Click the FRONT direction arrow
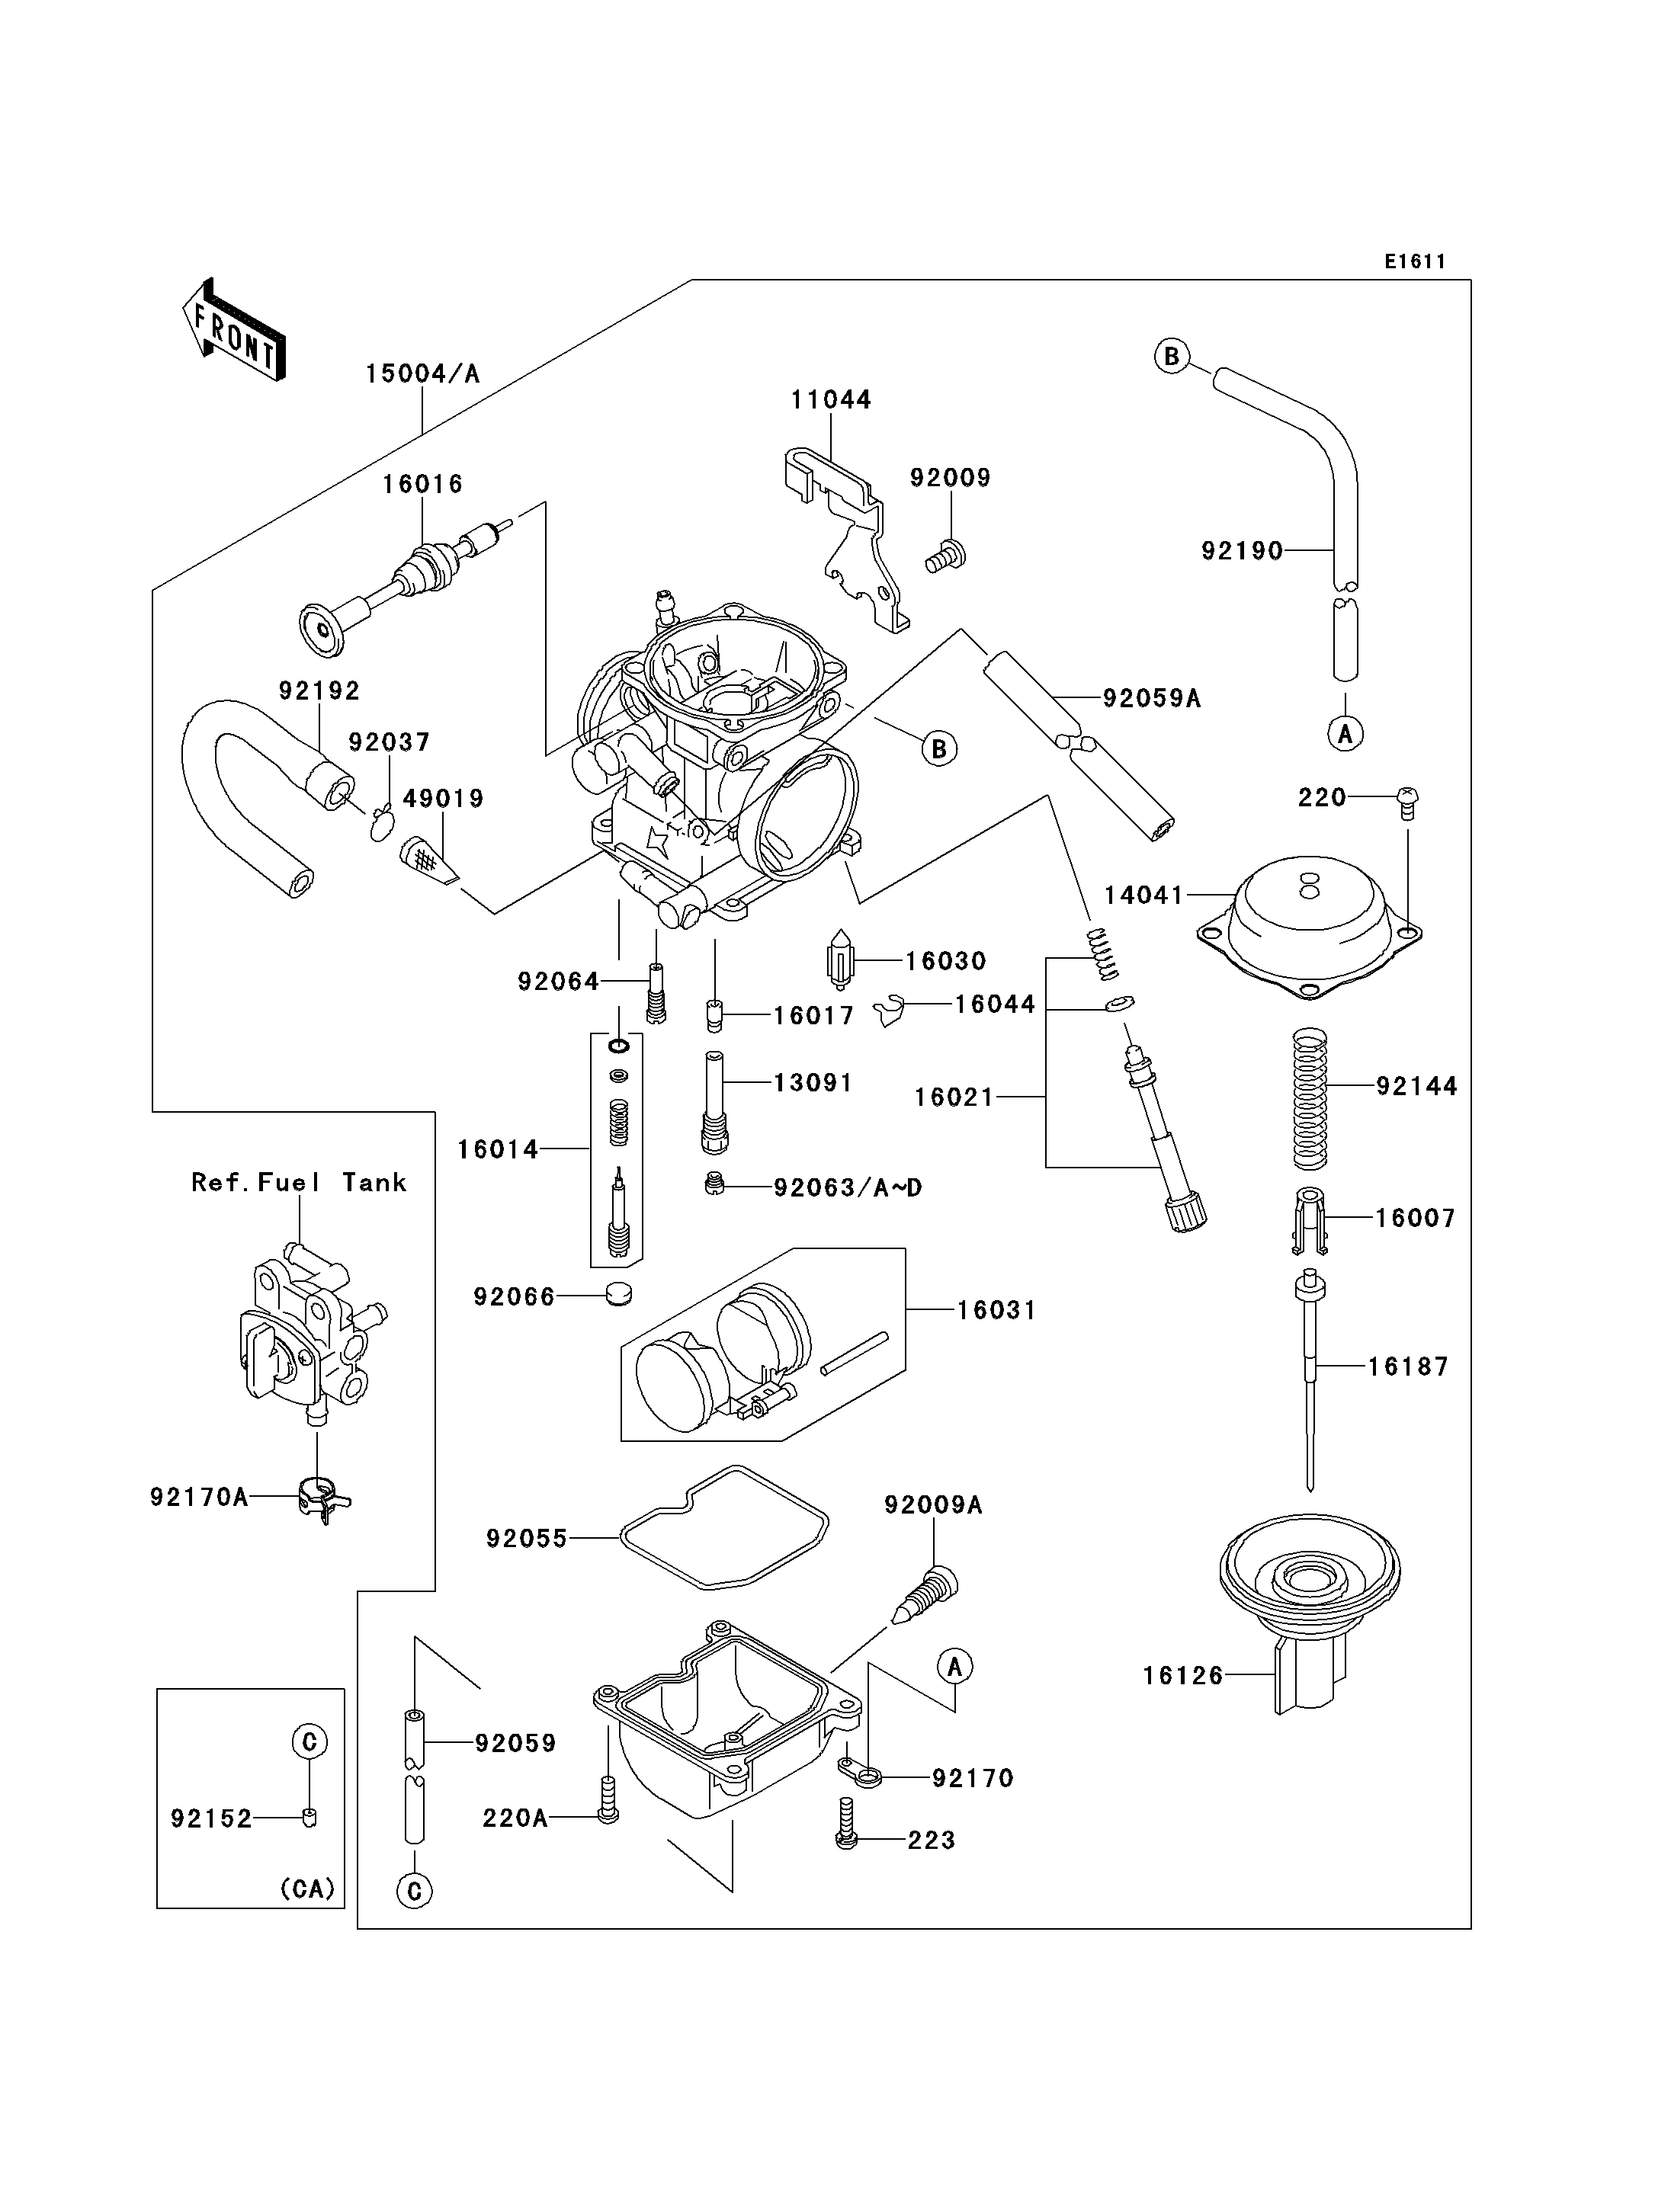(234, 330)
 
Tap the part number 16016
(423, 485)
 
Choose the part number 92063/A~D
(848, 1187)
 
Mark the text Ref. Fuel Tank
(298, 1183)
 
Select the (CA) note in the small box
(306, 1888)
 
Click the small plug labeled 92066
(619, 1295)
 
